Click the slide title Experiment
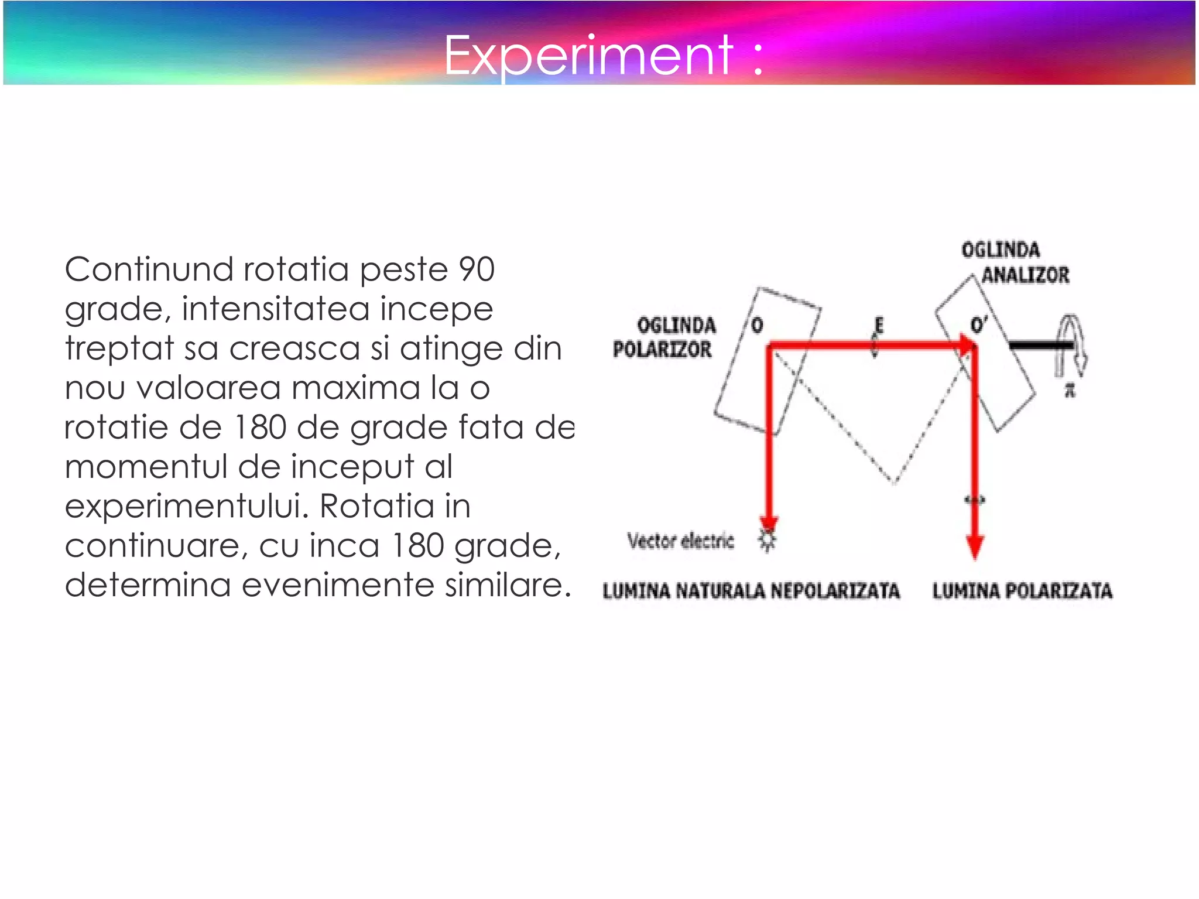(603, 56)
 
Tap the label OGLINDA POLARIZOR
(664, 337)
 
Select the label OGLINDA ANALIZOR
(1015, 262)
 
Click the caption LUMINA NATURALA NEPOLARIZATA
(751, 590)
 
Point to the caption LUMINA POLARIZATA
(1022, 590)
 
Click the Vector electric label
(680, 541)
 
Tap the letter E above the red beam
(878, 325)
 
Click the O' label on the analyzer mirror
(978, 324)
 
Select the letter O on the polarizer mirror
(757, 325)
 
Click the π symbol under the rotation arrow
(1070, 390)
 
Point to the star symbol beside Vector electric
(768, 540)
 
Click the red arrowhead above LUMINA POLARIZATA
(975, 547)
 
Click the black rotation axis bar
(1040, 346)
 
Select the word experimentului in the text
(187, 506)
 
